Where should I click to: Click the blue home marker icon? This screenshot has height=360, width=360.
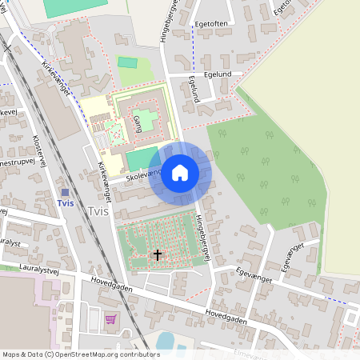pos(180,173)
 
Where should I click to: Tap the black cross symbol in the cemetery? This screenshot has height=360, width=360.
pos(158,256)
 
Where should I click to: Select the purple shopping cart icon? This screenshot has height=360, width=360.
pos(110,319)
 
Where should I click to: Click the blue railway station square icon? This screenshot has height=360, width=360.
pos(65,192)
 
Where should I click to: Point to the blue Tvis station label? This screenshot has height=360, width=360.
pos(66,203)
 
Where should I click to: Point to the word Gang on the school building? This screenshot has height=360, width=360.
pos(138,123)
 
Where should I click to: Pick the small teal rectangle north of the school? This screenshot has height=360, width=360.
pos(128,62)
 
